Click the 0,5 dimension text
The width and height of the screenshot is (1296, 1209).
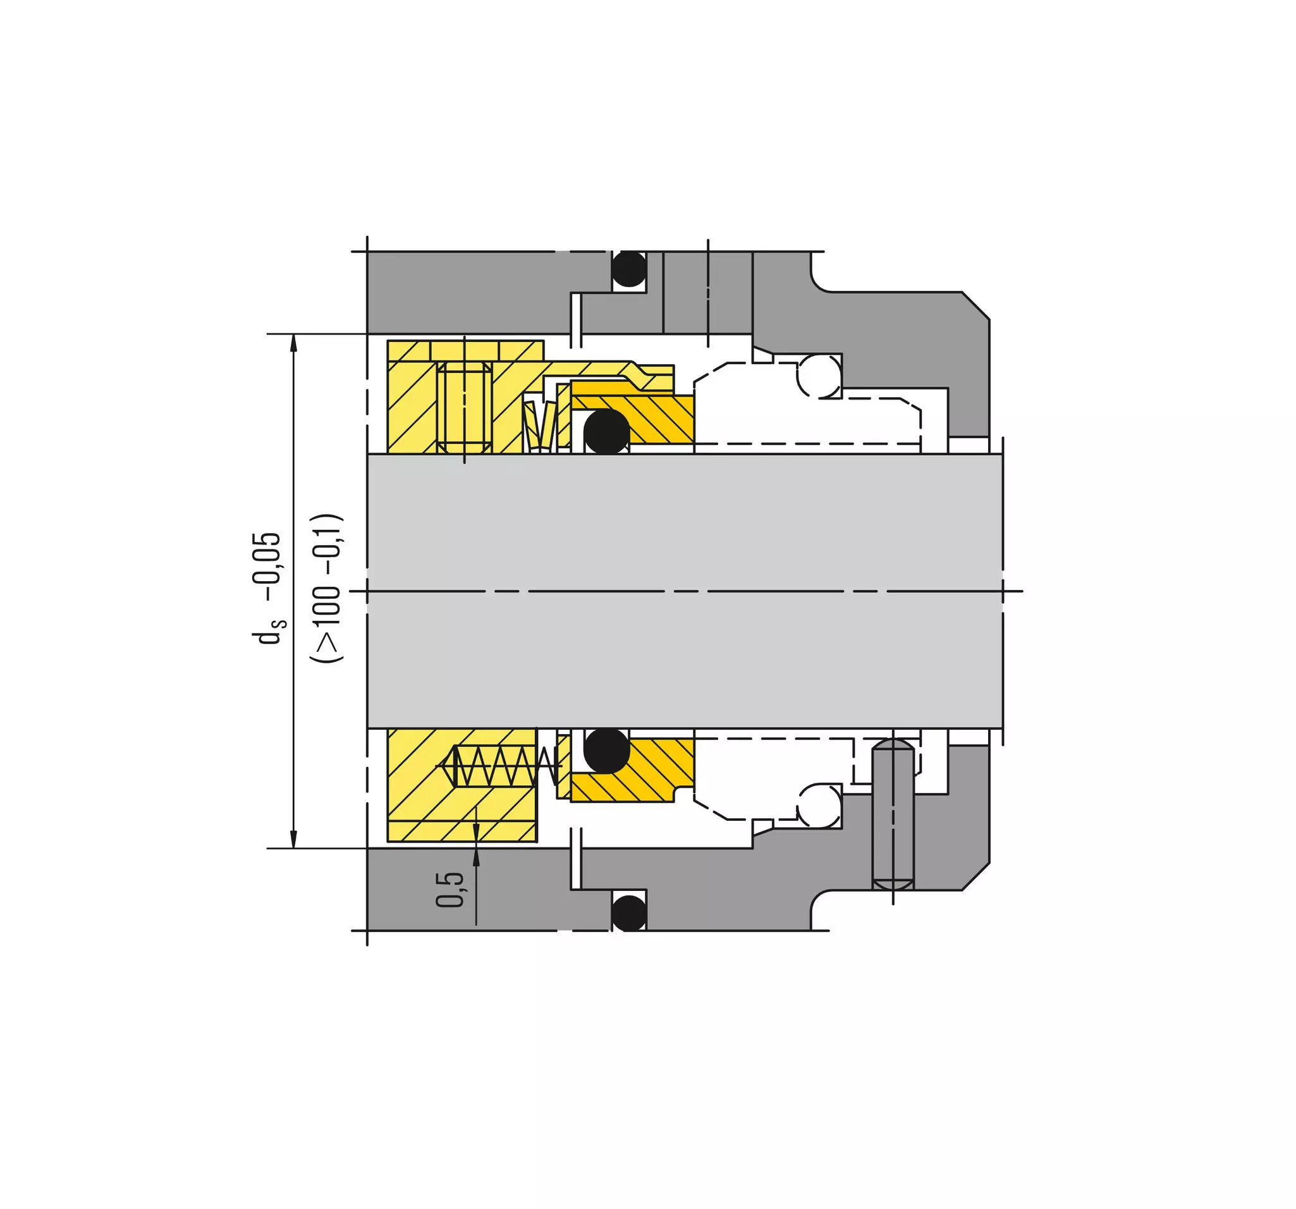[x=450, y=890]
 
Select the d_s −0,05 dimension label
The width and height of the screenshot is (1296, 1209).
[x=269, y=588]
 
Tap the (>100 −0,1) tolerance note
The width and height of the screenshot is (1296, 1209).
[x=326, y=589]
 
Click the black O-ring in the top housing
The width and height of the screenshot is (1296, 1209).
[x=629, y=268]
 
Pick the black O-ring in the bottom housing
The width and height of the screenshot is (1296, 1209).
[x=629, y=913]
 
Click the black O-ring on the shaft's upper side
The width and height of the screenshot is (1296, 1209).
[x=606, y=432]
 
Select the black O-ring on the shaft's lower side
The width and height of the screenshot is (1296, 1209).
[x=606, y=751]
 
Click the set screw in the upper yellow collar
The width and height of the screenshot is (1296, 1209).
[x=465, y=408]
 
